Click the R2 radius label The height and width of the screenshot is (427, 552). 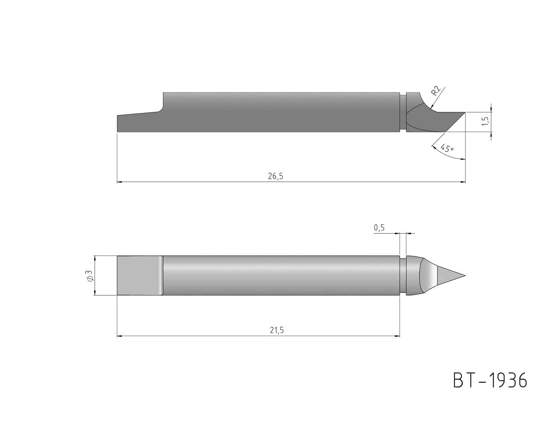pos(436,91)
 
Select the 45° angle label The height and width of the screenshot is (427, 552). pos(447,148)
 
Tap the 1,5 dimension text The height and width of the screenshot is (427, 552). pos(485,121)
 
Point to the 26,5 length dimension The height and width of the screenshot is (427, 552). pos(275,176)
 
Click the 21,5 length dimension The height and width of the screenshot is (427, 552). pos(277,330)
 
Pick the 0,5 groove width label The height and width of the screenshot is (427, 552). pos(379,228)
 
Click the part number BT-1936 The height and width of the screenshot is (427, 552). pos(490,381)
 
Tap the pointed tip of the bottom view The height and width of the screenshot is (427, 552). pos(465,276)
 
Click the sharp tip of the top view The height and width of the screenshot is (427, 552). pos(465,112)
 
